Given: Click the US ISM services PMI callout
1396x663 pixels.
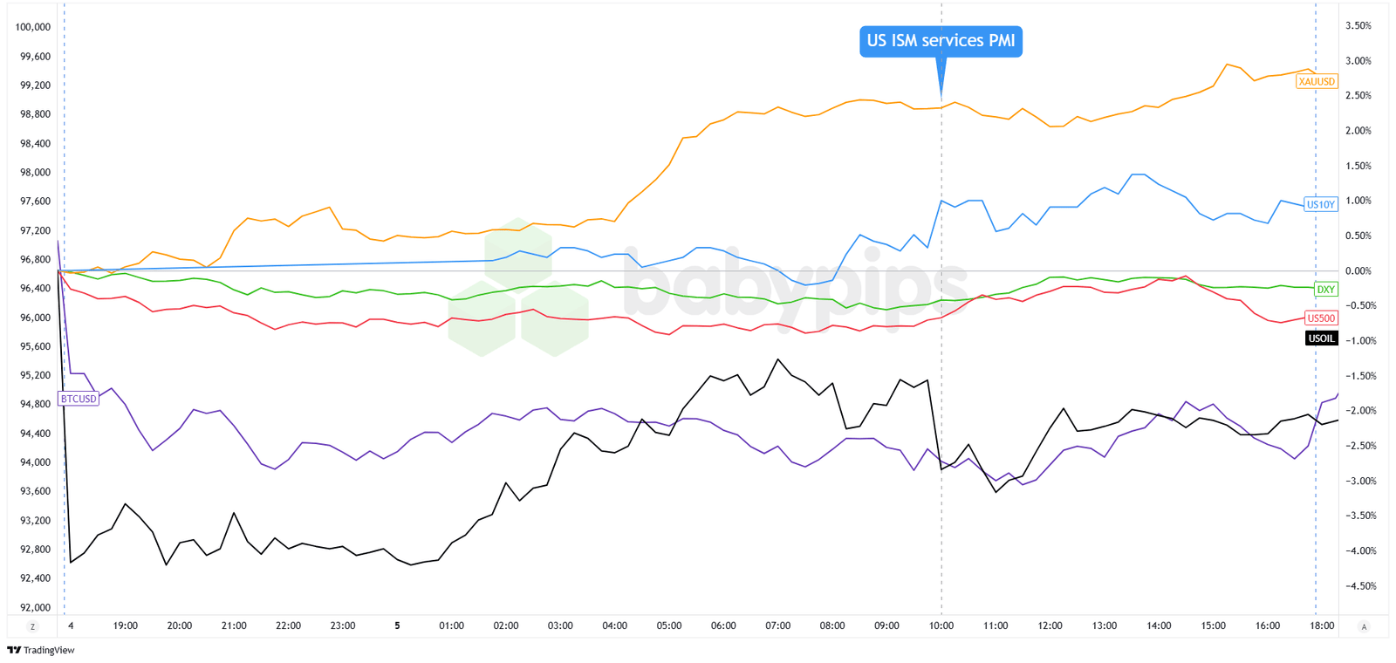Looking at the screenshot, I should [940, 41].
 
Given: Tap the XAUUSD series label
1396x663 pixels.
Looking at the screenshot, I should [1316, 81].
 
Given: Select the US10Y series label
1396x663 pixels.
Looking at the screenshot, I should [1320, 204].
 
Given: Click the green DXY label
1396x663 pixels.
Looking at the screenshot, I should [1325, 289].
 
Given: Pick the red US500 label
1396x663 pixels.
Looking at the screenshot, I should [1321, 318].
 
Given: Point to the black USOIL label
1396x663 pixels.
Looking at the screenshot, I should [1321, 338].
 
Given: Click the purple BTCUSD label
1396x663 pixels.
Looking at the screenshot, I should [79, 399].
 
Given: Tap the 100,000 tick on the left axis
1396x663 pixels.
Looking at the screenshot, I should [33, 27].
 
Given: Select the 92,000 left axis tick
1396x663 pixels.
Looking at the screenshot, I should [35, 607].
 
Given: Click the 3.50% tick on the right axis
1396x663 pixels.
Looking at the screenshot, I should [1358, 26].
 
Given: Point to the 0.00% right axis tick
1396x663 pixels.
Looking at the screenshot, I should [1358, 271].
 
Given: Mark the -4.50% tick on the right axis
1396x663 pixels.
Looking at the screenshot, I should [1358, 586].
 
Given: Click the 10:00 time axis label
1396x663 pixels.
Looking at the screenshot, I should [941, 625].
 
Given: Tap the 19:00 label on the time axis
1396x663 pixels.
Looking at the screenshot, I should [125, 625].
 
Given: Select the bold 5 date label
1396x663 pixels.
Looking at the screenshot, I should [397, 625].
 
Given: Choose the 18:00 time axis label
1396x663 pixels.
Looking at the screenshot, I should [1322, 625].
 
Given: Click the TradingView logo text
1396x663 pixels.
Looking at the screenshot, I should [49, 650].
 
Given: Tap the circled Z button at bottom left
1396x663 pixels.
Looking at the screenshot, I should [33, 626].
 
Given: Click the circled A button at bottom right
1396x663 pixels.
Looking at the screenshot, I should [1364, 626].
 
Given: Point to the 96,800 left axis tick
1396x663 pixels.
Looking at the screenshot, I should [35, 259].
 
